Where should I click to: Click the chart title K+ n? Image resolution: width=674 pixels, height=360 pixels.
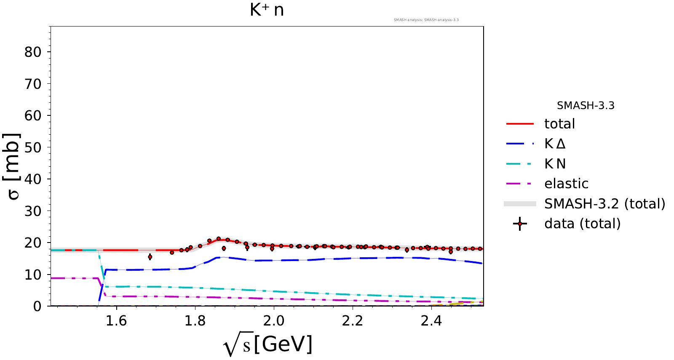click(267, 10)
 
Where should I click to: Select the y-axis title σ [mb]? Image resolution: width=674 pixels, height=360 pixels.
click(13, 166)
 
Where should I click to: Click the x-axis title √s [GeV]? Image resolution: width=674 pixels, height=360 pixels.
click(268, 345)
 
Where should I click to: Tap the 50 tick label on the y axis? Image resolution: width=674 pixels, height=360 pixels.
click(33, 147)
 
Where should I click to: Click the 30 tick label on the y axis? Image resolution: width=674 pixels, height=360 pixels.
click(33, 211)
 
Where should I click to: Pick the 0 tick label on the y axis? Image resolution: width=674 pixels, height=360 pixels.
click(37, 306)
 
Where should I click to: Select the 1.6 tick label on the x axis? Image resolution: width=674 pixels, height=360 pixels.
click(116, 321)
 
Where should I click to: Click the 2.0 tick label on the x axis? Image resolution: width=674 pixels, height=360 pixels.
click(274, 321)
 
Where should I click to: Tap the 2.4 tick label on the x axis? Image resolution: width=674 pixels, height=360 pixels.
click(431, 321)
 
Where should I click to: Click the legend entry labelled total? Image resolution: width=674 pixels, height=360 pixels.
click(559, 124)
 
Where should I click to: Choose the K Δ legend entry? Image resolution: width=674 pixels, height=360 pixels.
click(555, 144)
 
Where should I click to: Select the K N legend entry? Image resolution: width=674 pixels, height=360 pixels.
click(555, 164)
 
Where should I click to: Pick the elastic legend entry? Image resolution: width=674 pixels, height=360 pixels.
click(566, 184)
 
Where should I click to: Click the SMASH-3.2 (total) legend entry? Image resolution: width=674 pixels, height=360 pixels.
click(604, 204)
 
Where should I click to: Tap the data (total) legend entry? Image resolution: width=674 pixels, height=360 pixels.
click(582, 224)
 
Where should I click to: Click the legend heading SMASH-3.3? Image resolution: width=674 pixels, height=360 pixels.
click(586, 106)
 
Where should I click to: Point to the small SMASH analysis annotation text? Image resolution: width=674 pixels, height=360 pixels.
click(426, 20)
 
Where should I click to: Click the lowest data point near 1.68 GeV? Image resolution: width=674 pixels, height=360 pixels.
click(150, 257)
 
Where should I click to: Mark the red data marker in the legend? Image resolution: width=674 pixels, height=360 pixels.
click(520, 224)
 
